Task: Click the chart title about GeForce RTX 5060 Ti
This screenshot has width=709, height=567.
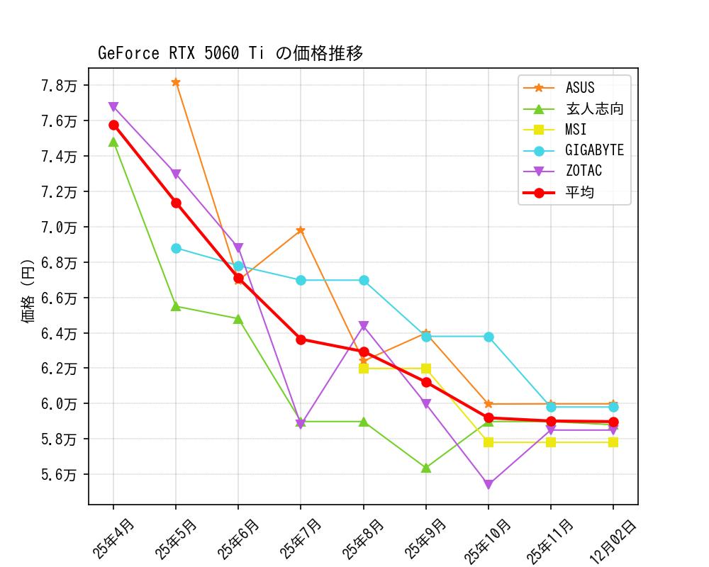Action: tap(230, 54)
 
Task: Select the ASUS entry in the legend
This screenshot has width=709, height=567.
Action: tap(580, 88)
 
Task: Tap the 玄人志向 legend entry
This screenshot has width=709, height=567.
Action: tap(594, 109)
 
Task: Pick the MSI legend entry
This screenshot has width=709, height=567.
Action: tap(576, 130)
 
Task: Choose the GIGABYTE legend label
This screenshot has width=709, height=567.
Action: tap(594, 150)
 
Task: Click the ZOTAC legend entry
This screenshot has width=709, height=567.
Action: tap(584, 171)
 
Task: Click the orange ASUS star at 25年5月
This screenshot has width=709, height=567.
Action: tap(176, 82)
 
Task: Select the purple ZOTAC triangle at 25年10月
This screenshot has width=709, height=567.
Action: tap(489, 485)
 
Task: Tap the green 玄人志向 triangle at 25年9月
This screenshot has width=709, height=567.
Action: tap(426, 468)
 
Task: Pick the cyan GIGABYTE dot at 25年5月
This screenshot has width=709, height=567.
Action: tap(176, 248)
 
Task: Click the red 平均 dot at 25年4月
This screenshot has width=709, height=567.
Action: tap(113, 125)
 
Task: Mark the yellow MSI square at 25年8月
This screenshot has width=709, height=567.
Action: tap(364, 369)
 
